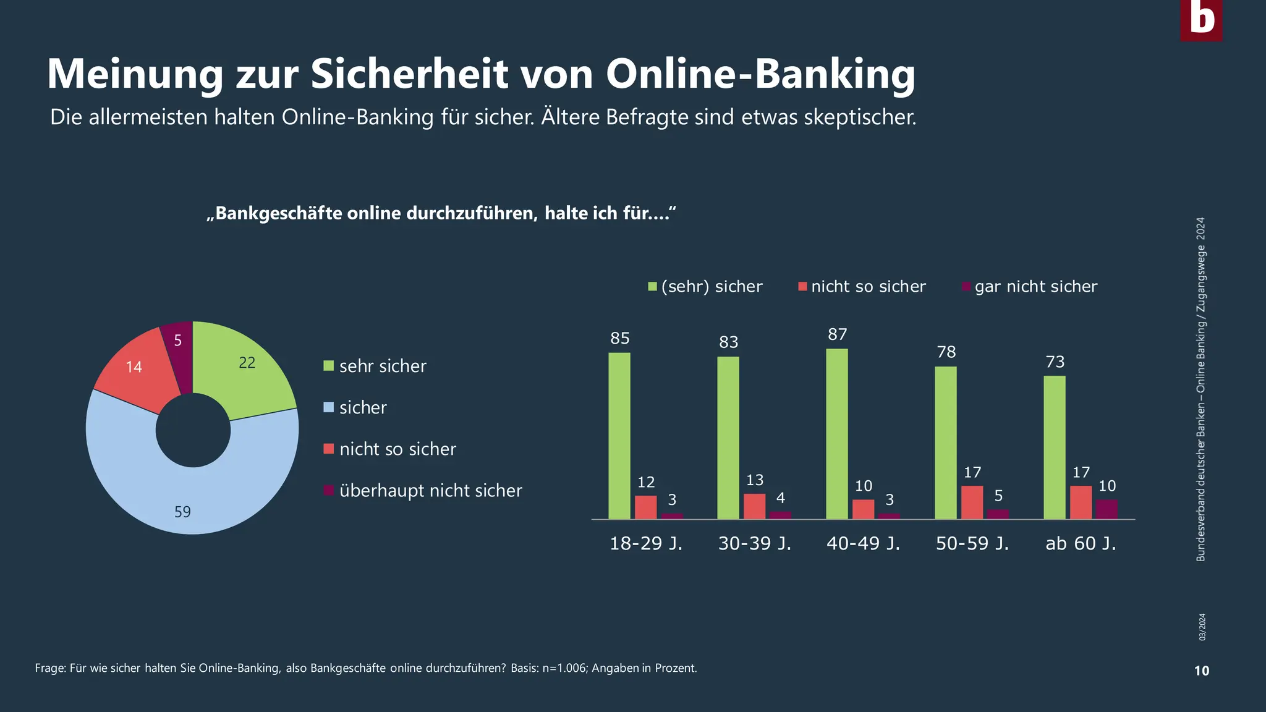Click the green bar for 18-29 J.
click(x=619, y=436)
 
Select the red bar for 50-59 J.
click(x=972, y=502)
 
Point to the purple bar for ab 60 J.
click(x=1107, y=509)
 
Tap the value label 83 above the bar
click(x=729, y=342)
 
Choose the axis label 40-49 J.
click(x=863, y=544)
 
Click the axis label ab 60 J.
click(x=1081, y=544)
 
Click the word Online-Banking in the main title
click(x=760, y=74)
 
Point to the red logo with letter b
click(x=1201, y=20)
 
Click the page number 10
click(x=1201, y=671)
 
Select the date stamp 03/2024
click(x=1202, y=627)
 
